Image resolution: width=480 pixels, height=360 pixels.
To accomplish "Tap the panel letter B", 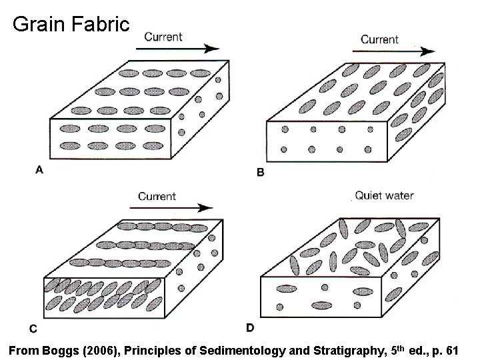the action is coord(261,172).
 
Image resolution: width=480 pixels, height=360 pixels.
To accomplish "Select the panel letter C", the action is coord(33,329).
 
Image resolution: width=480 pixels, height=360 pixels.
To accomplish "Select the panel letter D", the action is coord(250,327).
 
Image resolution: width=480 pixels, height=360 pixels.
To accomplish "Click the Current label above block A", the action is coord(163,36).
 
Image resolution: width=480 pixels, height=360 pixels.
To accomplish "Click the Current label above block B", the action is coord(380,39).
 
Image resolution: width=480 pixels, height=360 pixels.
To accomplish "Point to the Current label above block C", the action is coord(157,196).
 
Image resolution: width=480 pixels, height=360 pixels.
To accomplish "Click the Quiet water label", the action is coord(384,195).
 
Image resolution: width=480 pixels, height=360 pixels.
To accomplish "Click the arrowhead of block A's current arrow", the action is coord(213,48).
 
